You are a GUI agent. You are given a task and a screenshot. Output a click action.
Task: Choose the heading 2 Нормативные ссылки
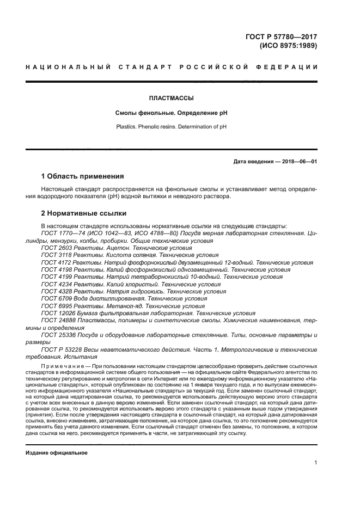tap(83, 213)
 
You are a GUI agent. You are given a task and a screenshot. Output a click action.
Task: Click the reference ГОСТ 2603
tap(55, 247)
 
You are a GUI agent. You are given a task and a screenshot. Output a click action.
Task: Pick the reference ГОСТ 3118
tap(55, 255)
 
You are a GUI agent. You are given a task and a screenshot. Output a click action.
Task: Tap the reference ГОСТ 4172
tap(55, 262)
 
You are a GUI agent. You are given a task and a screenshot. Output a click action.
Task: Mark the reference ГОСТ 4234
tap(55, 284)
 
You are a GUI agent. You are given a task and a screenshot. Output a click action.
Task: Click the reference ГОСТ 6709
tap(55, 299)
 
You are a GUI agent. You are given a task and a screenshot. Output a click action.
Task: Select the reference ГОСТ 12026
tap(57, 314)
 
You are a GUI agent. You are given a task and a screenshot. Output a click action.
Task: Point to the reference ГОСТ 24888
tap(57, 321)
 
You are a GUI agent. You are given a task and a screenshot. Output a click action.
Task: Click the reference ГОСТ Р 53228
tap(59, 350)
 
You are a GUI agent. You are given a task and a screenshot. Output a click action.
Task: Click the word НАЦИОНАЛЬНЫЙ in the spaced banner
tap(63, 67)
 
